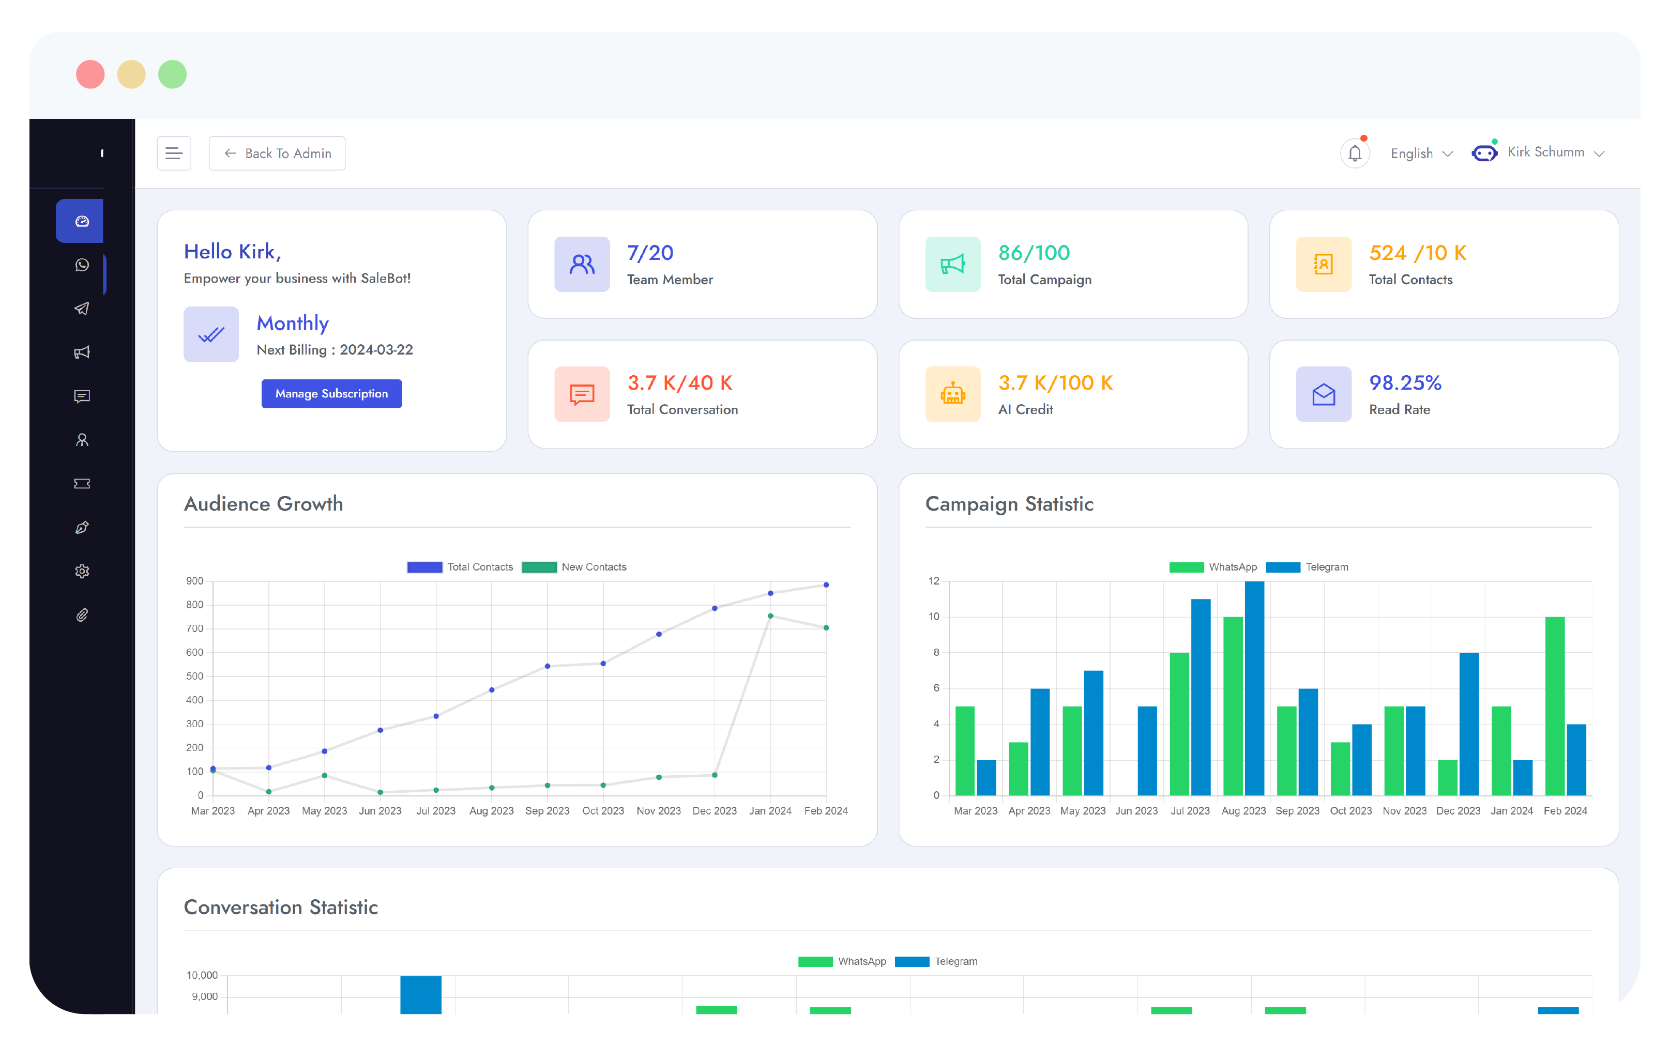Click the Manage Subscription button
[x=331, y=393]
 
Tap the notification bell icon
[x=1354, y=153]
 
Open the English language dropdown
[x=1420, y=153]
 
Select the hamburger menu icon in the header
[x=174, y=153]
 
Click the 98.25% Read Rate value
[x=1405, y=383]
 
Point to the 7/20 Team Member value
[x=650, y=253]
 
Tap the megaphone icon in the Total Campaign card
[x=952, y=264]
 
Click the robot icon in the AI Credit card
[x=952, y=394]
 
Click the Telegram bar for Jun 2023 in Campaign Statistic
[x=1147, y=750]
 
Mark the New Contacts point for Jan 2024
[x=770, y=616]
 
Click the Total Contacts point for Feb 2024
[x=826, y=585]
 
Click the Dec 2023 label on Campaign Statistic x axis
[x=1458, y=811]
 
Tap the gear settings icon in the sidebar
[x=82, y=572]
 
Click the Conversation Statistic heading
[x=281, y=907]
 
